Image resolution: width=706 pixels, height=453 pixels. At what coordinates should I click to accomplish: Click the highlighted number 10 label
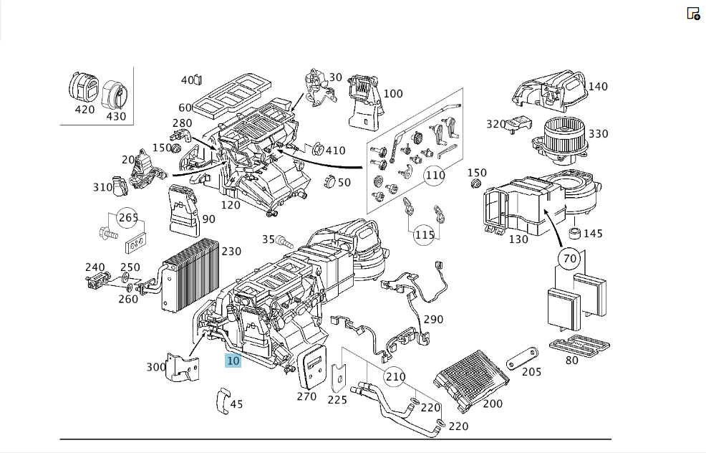coord(233,361)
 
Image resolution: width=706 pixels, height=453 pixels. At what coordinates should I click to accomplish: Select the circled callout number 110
coord(435,176)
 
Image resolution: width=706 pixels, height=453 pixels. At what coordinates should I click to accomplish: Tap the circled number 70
coord(569,259)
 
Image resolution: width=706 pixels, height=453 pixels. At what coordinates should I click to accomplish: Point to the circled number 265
coord(128,218)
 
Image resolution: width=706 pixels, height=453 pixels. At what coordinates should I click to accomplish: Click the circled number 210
coord(395,377)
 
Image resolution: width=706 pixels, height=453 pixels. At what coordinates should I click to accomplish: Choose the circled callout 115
coord(424,235)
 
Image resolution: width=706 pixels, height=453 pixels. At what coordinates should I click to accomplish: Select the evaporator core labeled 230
coord(190,276)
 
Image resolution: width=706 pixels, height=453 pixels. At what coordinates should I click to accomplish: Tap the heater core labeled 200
coord(471,379)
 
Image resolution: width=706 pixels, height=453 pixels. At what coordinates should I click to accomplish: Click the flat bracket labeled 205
coord(522,358)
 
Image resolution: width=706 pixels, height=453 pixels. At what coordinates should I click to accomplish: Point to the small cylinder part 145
coord(575,234)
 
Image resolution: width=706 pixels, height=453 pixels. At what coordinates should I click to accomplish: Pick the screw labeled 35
coord(284,242)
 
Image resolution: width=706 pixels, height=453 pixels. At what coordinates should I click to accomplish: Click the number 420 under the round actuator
coord(84,110)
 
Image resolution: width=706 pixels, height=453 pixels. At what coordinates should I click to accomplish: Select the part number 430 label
coord(116,116)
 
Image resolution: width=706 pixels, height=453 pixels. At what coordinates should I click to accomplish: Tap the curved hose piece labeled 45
coord(223,400)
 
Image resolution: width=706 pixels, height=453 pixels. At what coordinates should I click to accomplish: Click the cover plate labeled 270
coord(312,366)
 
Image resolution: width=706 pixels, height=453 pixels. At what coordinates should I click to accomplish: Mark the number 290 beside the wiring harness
coord(433,319)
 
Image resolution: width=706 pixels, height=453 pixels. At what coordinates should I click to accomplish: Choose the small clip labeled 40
coord(198,80)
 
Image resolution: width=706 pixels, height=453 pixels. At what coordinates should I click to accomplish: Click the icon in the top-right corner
coord(693,14)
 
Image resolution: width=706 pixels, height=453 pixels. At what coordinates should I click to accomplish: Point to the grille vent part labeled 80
coord(579,345)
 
